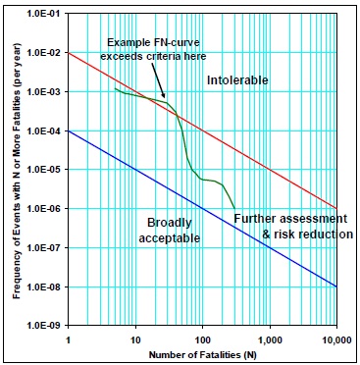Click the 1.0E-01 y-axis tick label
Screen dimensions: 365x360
pyautogui.click(x=44, y=13)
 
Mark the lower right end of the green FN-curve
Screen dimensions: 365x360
pyautogui.click(x=234, y=208)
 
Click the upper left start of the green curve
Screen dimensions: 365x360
pyautogui.click(x=115, y=88)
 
